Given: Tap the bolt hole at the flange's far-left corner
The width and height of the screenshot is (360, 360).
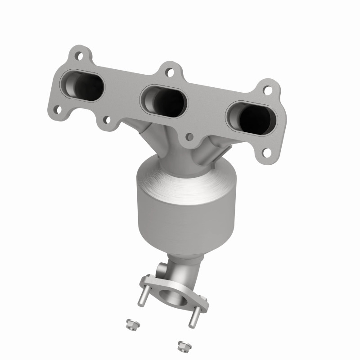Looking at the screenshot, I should (x=57, y=108).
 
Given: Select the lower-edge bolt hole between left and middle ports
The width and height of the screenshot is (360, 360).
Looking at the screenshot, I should (x=107, y=120).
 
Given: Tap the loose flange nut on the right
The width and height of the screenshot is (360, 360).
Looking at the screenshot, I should (x=183, y=346).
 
